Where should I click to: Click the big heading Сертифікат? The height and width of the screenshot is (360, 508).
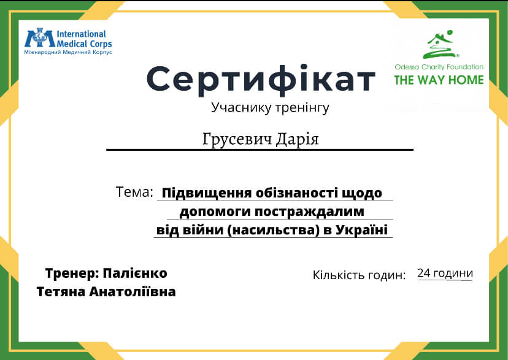point(261,80)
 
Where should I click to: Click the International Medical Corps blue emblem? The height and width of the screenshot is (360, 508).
point(40,38)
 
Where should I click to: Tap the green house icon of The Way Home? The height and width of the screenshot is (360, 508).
point(441,44)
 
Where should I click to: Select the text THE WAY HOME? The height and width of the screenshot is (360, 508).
point(439,80)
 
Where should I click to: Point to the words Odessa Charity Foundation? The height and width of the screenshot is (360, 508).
point(439,67)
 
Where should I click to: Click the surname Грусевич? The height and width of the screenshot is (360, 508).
point(237,140)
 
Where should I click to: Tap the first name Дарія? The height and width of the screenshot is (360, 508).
point(298,140)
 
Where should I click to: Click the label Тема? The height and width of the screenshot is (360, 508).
point(134,192)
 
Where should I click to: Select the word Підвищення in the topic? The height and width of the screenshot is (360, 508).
point(207,193)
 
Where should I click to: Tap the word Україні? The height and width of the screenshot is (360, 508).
point(361,229)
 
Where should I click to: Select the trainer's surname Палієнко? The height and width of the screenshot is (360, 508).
point(135,274)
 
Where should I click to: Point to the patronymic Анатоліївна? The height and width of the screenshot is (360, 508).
point(133,292)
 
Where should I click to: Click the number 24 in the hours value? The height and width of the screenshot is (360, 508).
point(424,273)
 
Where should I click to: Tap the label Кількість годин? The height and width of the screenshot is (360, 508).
point(359,275)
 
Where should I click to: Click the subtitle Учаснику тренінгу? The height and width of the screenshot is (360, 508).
point(270,107)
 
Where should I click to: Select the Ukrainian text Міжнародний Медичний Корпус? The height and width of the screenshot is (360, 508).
point(68,52)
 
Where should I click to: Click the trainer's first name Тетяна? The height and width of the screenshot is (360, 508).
point(61,292)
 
